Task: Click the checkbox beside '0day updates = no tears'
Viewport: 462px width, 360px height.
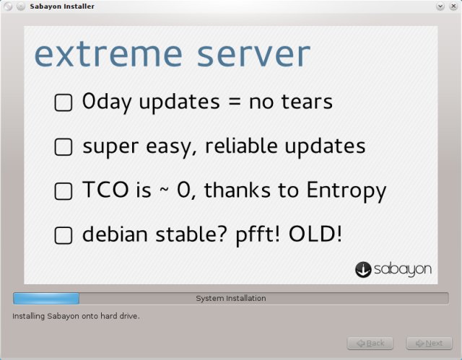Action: point(64,102)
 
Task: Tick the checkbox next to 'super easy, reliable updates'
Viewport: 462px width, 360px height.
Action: point(64,147)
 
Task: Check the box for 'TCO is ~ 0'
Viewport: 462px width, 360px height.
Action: point(64,191)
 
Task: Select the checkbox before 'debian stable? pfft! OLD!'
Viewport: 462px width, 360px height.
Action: point(64,235)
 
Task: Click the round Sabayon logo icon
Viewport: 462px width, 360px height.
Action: point(363,269)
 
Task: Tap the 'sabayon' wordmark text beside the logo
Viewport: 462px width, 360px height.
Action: point(403,270)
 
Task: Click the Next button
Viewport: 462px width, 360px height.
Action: point(429,343)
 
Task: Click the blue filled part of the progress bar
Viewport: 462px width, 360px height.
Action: point(46,298)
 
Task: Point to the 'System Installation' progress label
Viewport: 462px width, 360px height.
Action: point(231,298)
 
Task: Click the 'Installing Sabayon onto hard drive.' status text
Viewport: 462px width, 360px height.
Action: point(76,316)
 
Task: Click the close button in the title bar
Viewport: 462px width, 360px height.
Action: point(453,6)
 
